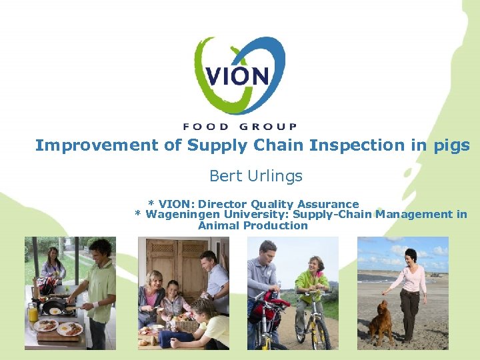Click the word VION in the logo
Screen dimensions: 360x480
pyautogui.click(x=237, y=75)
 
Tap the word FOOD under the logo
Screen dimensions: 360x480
pyautogui.click(x=205, y=126)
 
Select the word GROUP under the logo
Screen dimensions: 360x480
pyautogui.click(x=265, y=126)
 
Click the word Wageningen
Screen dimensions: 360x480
pyautogui.click(x=177, y=214)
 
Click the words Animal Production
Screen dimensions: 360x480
pyautogui.click(x=253, y=225)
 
